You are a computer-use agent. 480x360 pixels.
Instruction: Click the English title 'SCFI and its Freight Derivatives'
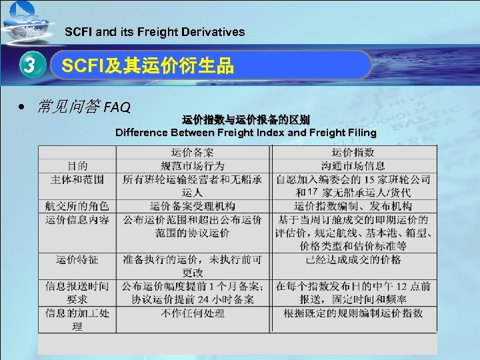click(154, 31)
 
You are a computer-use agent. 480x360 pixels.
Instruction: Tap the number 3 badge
click(28, 66)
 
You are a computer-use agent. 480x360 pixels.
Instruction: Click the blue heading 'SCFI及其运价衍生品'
click(147, 65)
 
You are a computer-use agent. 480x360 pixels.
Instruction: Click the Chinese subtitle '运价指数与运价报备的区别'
click(245, 120)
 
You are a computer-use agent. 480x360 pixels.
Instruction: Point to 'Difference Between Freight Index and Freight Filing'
click(245, 132)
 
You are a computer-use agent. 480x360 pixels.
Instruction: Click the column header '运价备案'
click(193, 153)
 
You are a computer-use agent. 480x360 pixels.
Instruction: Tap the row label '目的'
click(77, 165)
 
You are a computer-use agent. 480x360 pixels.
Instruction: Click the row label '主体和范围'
click(77, 179)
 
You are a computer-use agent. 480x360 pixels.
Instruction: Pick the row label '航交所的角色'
click(77, 207)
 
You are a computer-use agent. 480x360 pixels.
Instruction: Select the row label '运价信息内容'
click(77, 219)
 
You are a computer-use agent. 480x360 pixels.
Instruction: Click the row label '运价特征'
click(77, 259)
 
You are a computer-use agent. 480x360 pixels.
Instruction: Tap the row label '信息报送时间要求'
click(77, 293)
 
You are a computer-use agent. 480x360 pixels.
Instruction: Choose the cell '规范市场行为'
click(193, 165)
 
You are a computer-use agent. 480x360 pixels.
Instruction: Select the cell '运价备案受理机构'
click(193, 207)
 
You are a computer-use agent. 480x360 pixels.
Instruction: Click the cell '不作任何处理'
click(193, 313)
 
